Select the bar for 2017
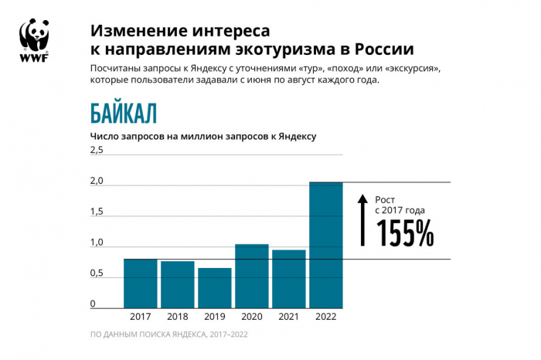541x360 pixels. [141, 284]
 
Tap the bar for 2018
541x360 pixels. [178, 285]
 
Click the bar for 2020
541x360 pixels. [252, 277]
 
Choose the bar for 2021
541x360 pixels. [289, 279]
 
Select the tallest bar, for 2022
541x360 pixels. [326, 246]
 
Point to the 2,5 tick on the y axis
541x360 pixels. [97, 150]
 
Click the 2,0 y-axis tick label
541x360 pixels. [97, 181]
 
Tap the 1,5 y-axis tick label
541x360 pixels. [97, 212]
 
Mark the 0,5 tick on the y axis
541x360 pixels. [97, 273]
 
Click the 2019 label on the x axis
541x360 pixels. [215, 317]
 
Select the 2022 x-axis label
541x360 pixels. [326, 317]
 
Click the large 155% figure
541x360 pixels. [405, 233]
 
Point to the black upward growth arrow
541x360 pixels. [362, 220]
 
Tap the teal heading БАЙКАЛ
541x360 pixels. [124, 114]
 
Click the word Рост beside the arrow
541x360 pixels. [386, 199]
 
